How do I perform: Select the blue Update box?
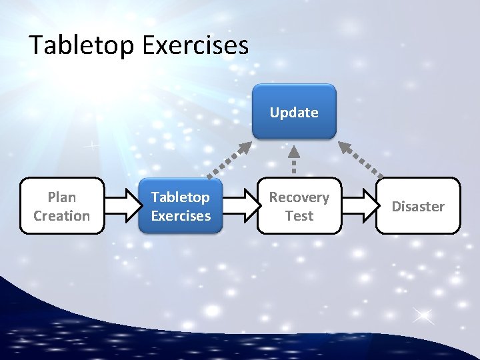tap(294, 111)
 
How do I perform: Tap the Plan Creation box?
tap(62, 206)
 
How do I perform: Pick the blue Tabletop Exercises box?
tap(181, 206)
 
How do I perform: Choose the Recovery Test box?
tap(299, 206)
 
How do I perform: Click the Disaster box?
tap(418, 206)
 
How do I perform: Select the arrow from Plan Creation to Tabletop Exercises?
tap(121, 205)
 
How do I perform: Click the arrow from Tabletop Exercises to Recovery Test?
tap(239, 205)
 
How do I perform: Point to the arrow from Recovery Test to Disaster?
tap(359, 205)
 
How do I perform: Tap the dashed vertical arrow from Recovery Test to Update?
tap(293, 161)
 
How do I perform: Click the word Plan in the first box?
tap(62, 197)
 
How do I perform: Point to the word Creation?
tap(62, 215)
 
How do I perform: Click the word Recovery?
tap(299, 197)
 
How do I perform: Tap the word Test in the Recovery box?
tap(299, 215)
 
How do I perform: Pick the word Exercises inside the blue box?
tap(181, 215)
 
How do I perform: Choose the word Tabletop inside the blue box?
tap(181, 197)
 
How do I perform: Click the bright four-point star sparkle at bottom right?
tap(422, 316)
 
